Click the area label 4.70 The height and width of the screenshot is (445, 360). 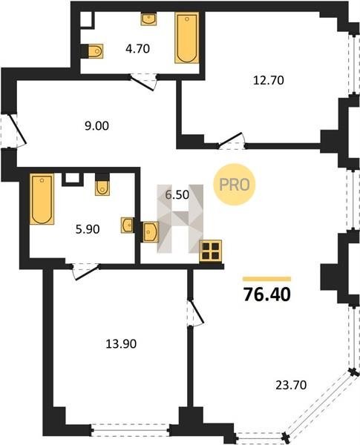point(137,49)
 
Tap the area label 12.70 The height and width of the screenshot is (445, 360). point(269,80)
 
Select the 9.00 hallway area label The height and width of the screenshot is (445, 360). point(96,126)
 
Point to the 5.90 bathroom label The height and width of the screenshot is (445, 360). point(88,229)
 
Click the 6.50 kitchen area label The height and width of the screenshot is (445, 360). point(177,195)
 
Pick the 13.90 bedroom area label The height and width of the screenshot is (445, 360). point(121,344)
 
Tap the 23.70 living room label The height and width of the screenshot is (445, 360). point(291,385)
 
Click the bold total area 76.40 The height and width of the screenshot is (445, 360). point(267,294)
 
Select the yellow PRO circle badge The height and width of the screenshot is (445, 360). point(235,185)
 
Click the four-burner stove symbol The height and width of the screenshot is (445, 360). point(211,251)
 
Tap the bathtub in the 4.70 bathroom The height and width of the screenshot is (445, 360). point(186,38)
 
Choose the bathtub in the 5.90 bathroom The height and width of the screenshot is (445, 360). point(42,199)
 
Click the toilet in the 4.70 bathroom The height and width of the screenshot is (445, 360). point(95,51)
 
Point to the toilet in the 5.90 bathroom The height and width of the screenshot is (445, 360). point(102,188)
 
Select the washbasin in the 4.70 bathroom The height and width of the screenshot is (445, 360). point(148,19)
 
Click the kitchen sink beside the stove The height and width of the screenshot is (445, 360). point(151,232)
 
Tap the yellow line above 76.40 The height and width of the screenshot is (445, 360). point(266,279)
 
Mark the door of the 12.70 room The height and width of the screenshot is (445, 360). point(232,140)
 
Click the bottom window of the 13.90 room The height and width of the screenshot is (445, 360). point(131,430)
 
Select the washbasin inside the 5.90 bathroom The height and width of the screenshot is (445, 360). point(127,225)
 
